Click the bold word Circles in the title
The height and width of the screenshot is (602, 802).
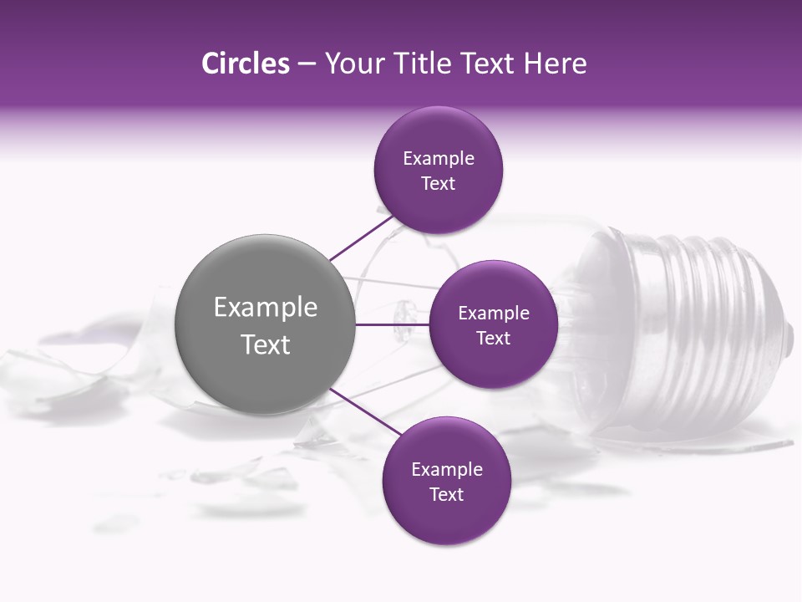click(x=245, y=64)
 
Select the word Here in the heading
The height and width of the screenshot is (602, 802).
click(x=556, y=64)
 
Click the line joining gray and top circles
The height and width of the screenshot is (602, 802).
click(x=361, y=238)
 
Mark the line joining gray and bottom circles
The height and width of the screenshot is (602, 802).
click(x=365, y=412)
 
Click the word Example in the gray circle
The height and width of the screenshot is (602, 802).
click(x=266, y=308)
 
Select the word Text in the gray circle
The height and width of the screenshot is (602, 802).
click(x=266, y=344)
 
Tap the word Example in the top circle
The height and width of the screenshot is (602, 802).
click(x=439, y=158)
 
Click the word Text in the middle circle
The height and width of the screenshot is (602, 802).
click(x=493, y=338)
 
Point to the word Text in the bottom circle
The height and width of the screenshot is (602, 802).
click(x=446, y=494)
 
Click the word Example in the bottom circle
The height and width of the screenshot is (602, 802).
click(x=447, y=469)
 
